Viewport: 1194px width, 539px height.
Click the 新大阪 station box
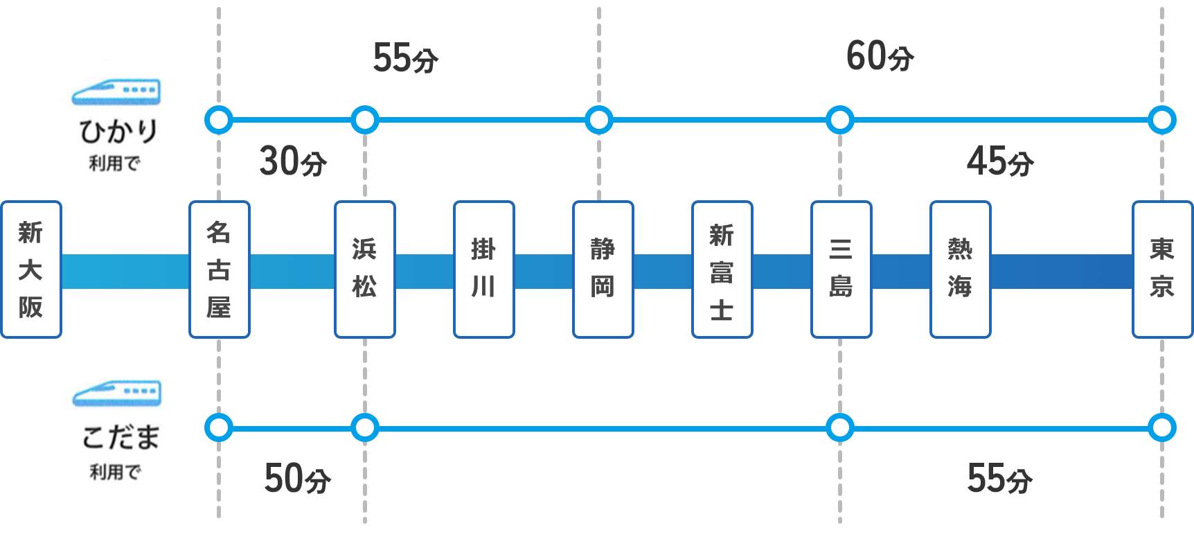[31, 269]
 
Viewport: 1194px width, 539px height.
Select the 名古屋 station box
[219, 269]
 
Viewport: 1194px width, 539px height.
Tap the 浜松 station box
[365, 269]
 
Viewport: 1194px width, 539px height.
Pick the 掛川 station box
[483, 269]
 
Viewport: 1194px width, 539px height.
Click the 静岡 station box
[603, 269]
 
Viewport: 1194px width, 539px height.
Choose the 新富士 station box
[722, 269]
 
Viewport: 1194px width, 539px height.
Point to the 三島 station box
[841, 269]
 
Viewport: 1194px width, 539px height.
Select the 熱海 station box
[960, 269]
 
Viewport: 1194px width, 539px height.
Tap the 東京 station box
[1161, 269]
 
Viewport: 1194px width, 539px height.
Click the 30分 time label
[292, 161]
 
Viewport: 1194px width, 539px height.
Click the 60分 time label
[880, 57]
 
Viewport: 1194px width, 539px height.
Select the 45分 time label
[999, 161]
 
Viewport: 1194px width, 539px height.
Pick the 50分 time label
[297, 478]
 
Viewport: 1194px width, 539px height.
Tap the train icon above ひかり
[116, 92]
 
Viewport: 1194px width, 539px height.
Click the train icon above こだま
[117, 393]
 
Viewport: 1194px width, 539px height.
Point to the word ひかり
[118, 131]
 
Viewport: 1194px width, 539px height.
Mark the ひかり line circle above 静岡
[599, 120]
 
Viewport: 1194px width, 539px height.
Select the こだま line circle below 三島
[840, 428]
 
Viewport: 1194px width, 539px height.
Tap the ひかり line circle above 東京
[1161, 120]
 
